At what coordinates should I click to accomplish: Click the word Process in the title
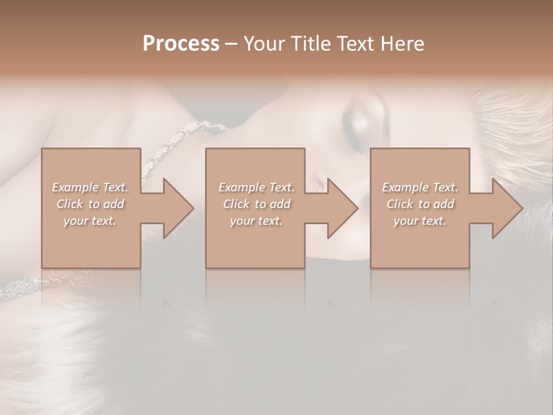point(181,44)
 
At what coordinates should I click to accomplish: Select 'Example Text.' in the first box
point(90,187)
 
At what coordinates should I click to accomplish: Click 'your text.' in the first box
point(90,221)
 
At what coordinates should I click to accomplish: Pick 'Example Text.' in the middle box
point(256,187)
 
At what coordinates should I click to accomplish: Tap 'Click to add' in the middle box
point(256,204)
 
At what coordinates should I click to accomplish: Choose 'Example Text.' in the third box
point(420,187)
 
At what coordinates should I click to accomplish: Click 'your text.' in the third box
point(420,221)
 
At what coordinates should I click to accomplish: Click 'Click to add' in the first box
point(90,204)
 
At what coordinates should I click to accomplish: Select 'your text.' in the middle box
point(256,221)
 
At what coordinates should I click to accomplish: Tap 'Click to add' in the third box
point(420,204)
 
